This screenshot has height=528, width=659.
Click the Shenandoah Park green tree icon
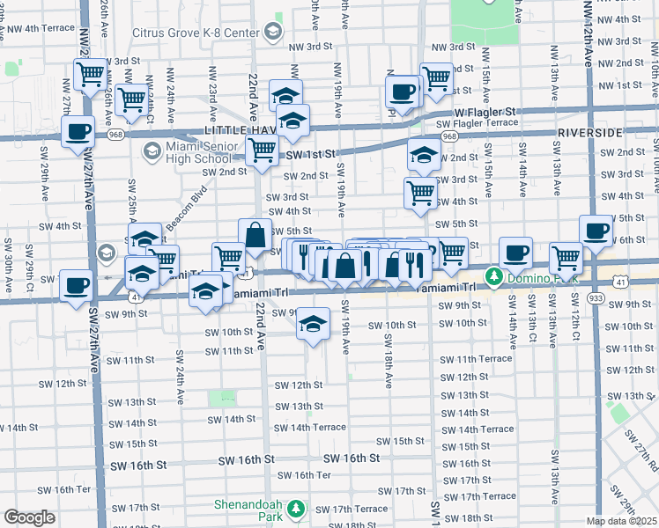point(298,508)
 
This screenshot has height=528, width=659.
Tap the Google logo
point(30,517)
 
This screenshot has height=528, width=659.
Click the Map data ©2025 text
point(622,521)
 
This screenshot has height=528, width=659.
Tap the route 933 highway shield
point(621,300)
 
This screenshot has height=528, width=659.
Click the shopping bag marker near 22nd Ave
point(255,236)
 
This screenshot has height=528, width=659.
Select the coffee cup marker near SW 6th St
point(596,230)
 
